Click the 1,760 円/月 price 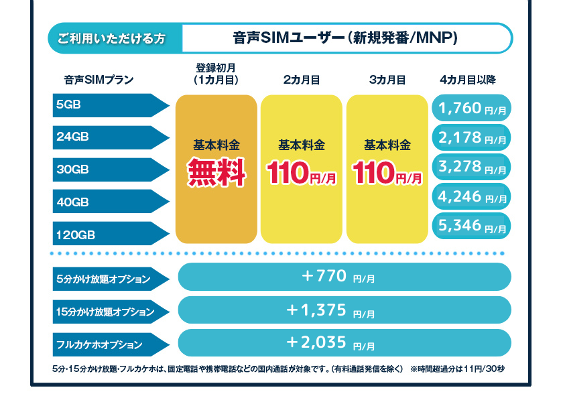click(472, 107)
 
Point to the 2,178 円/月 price click(472, 138)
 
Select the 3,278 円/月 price click(472, 167)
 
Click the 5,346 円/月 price click(472, 227)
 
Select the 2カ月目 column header click(301, 80)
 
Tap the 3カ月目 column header click(387, 80)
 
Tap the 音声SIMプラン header click(99, 80)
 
